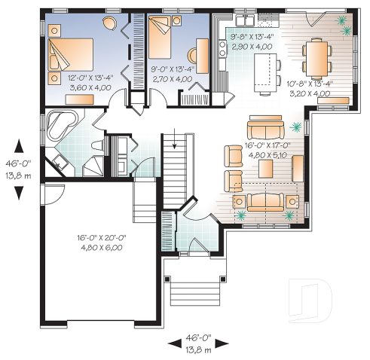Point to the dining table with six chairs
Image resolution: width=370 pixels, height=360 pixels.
[314, 57]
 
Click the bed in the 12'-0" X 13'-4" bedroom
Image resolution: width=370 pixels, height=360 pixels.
[70, 56]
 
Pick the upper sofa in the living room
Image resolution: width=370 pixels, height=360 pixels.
[267, 130]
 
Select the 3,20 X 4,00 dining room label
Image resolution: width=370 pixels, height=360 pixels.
[310, 94]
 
